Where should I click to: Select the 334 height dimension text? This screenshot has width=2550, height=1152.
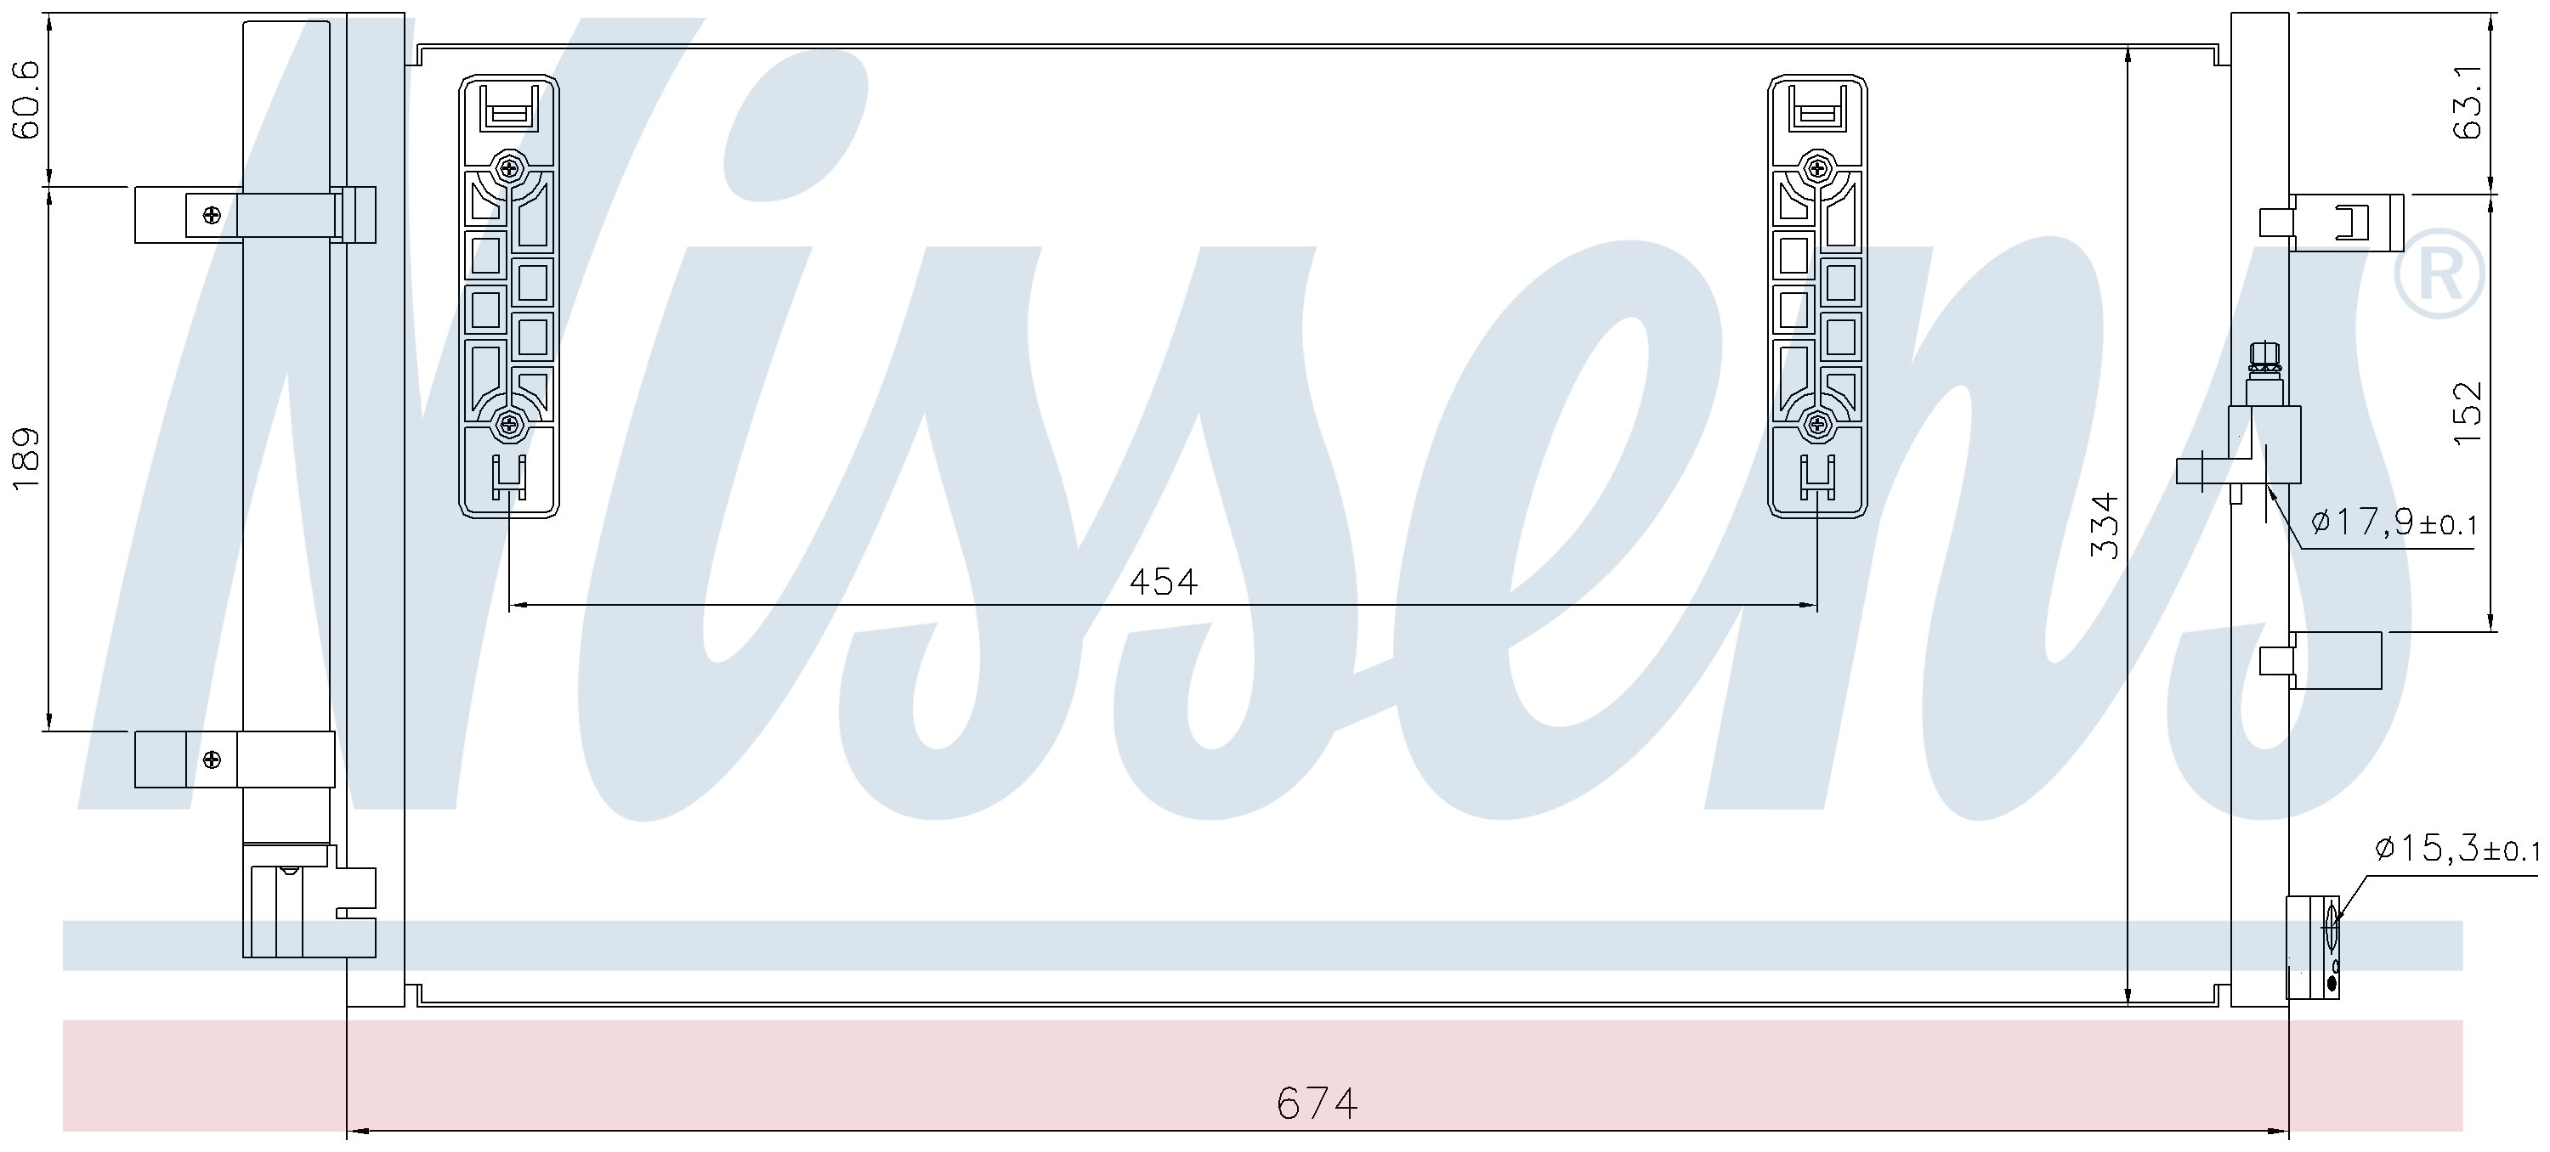2105,526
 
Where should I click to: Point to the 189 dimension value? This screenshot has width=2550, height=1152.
25,457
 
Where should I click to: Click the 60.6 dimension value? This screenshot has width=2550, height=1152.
25,100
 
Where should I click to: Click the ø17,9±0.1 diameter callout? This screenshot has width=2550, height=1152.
2394,522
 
